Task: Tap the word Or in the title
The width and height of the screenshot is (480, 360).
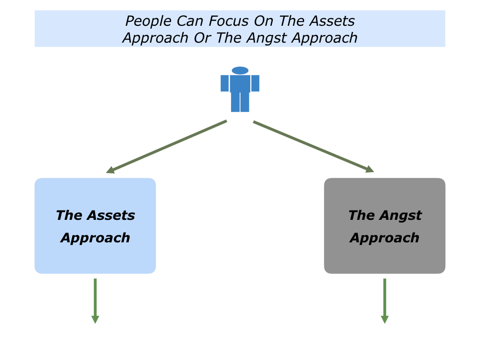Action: [202, 37]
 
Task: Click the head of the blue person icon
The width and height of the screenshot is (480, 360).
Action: [240, 70]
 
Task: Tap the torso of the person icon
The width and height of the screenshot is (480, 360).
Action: [240, 83]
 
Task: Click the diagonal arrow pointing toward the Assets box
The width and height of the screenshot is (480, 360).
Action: [167, 147]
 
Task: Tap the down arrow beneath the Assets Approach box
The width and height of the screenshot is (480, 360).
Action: [95, 300]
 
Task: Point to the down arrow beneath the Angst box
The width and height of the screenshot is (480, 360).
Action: [385, 300]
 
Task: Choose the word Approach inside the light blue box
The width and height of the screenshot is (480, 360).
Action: [95, 238]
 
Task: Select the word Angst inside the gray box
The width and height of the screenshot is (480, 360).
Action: [401, 216]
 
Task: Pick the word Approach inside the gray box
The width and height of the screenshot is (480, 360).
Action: [384, 238]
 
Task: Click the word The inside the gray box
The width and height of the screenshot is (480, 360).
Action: [361, 216]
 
